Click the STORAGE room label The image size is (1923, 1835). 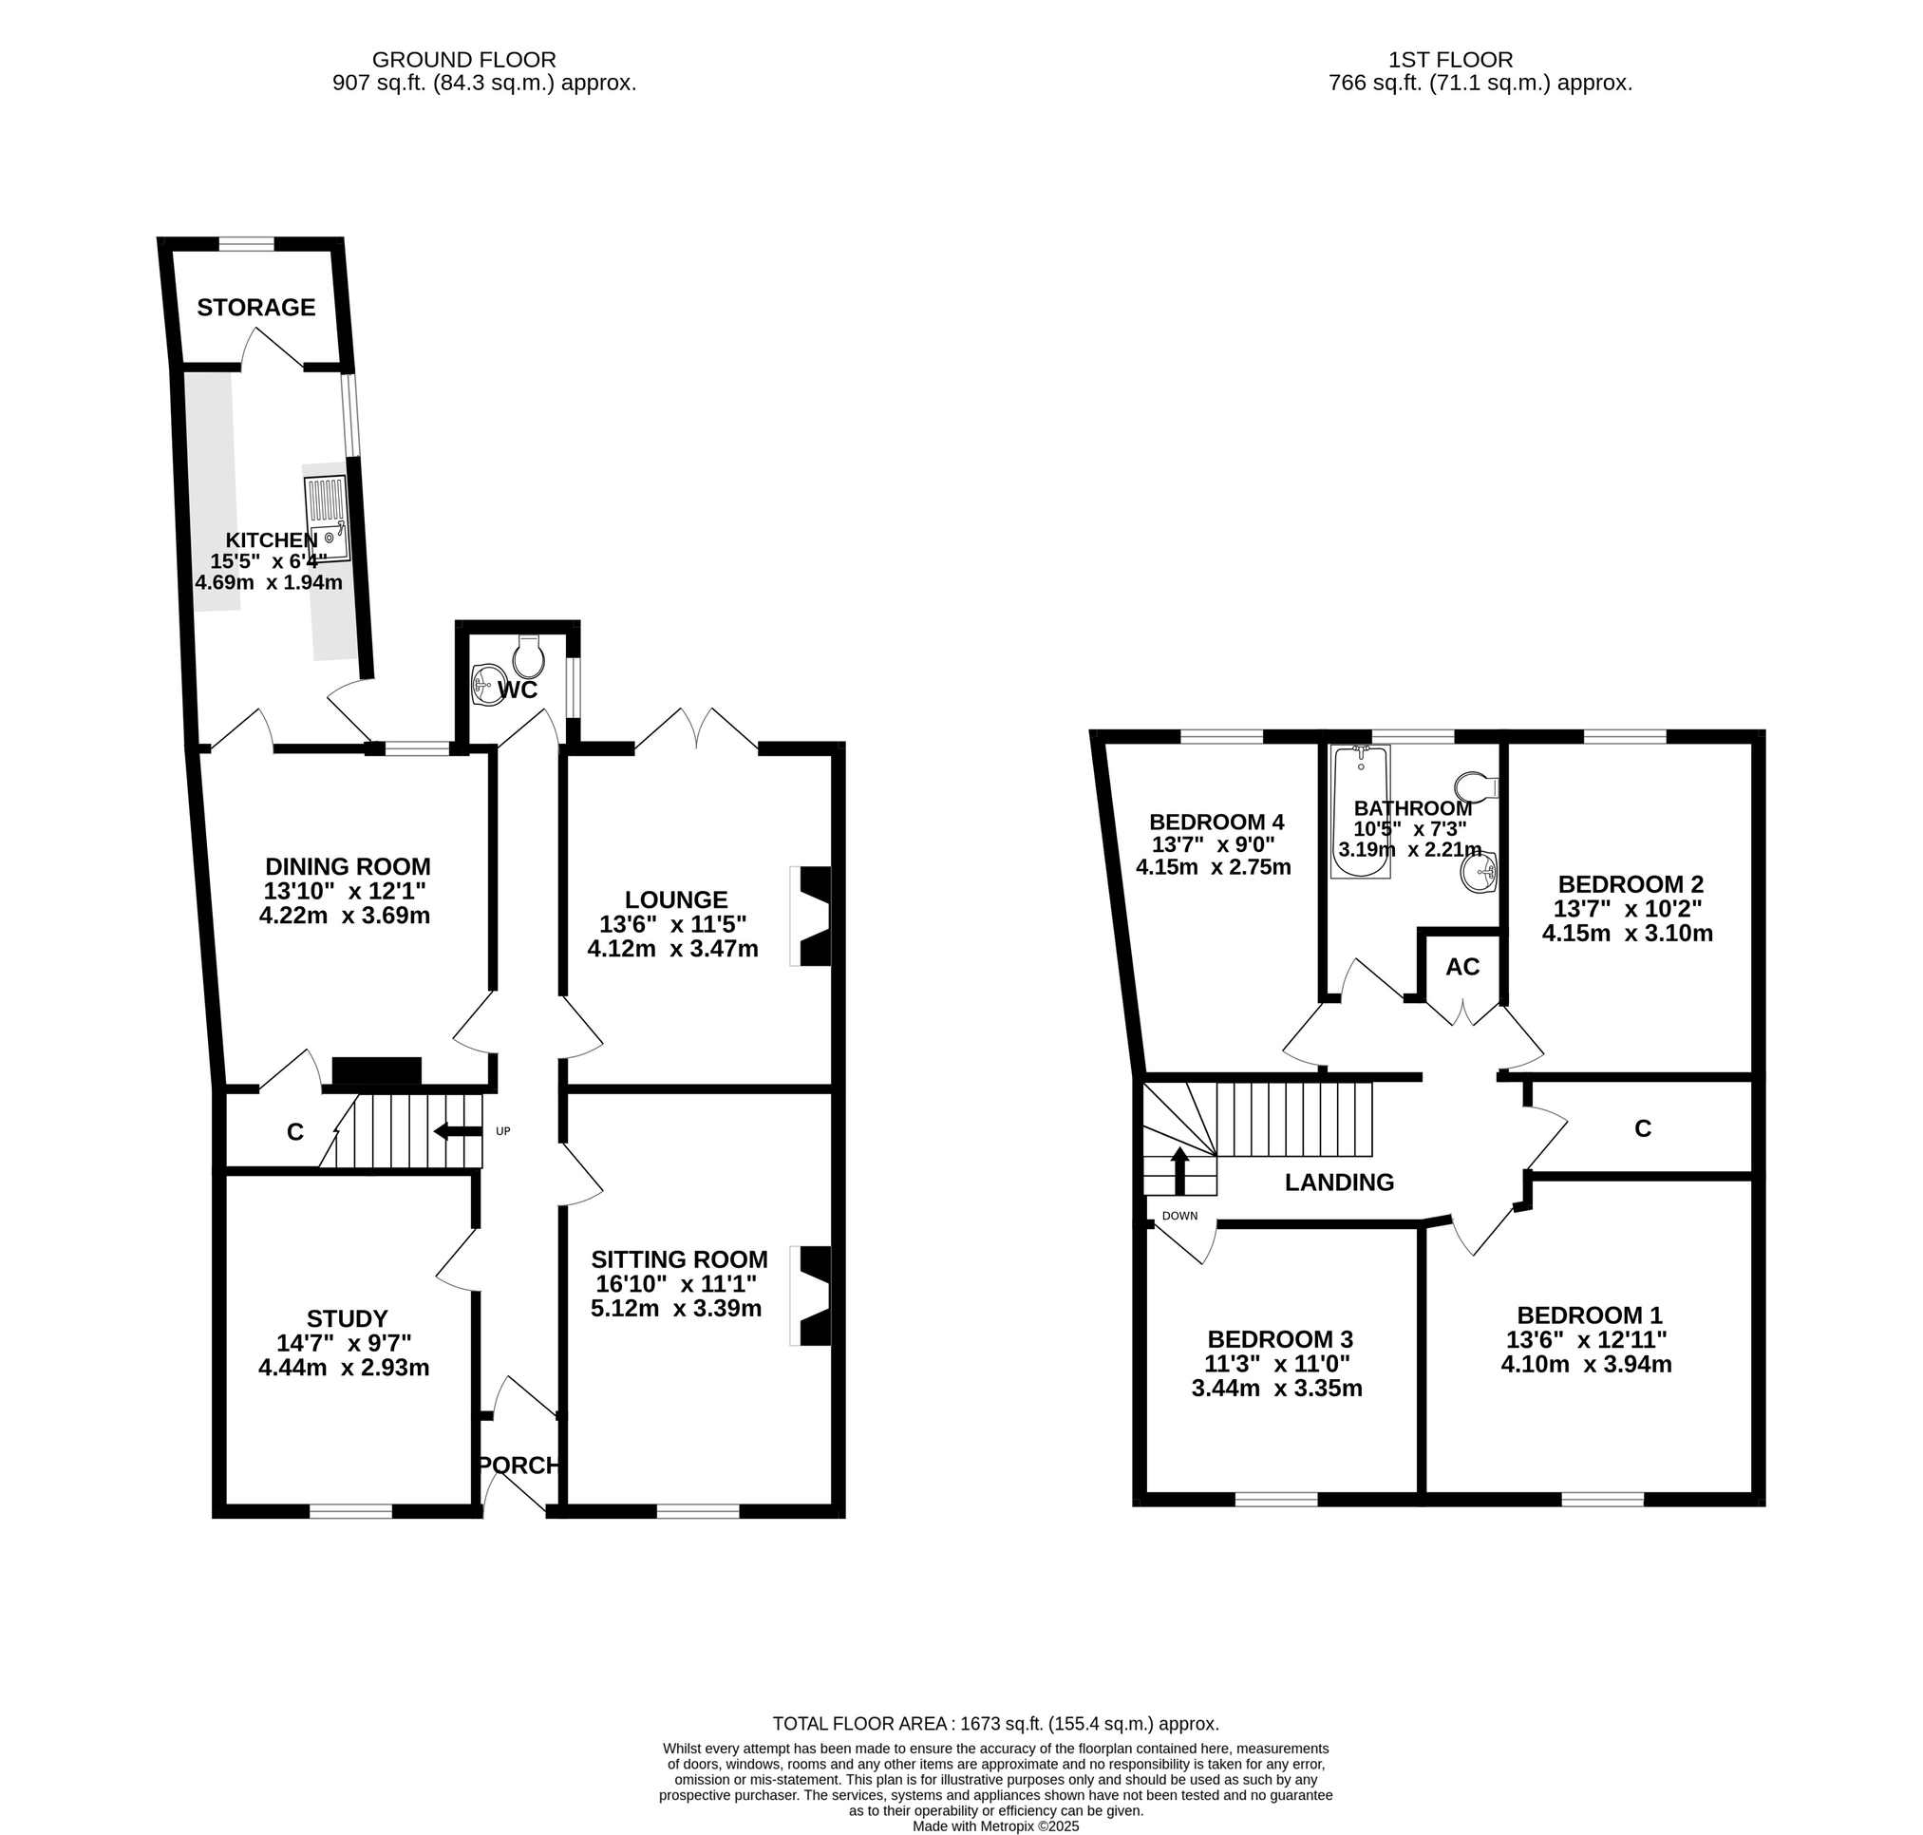click(x=256, y=308)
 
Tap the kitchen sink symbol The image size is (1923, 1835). click(x=327, y=519)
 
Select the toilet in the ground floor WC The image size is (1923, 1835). click(x=528, y=657)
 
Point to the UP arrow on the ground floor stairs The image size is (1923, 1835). click(x=459, y=1132)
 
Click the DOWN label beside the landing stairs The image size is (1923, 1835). click(x=1179, y=1216)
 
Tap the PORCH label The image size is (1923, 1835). click(x=518, y=1466)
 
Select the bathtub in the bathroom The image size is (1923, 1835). click(x=1361, y=812)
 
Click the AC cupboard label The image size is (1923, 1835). click(x=1462, y=968)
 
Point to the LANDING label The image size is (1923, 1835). click(x=1339, y=1182)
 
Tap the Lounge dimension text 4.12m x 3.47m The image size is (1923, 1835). click(x=673, y=948)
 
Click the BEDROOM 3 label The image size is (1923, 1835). click(x=1279, y=1338)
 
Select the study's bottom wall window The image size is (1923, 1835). click(x=351, y=1511)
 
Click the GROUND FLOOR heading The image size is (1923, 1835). click(x=463, y=61)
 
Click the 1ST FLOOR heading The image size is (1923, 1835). click(x=1451, y=61)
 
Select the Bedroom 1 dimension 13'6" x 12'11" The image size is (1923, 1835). click(x=1586, y=1339)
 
